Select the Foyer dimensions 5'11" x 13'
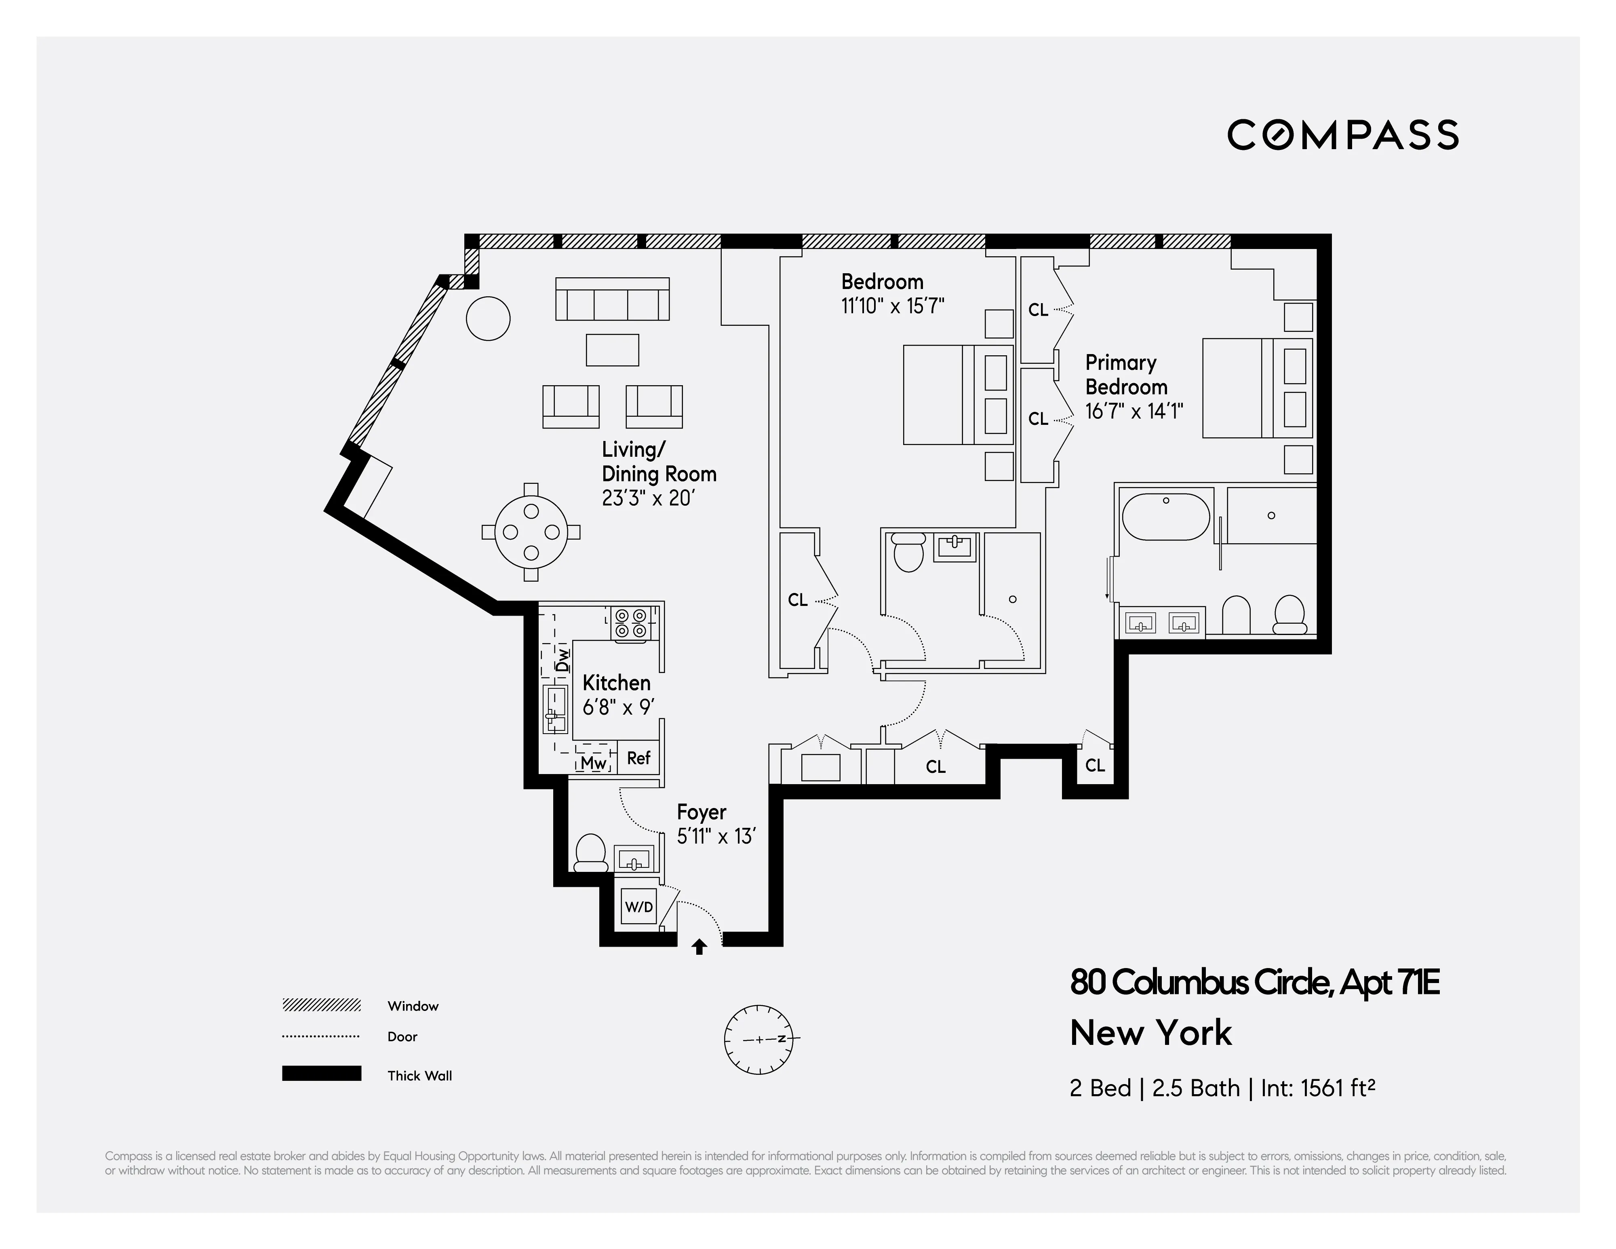pyautogui.click(x=716, y=837)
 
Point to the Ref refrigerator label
pyautogui.click(x=638, y=758)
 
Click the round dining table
pyautogui.click(x=531, y=532)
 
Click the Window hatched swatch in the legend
pyautogui.click(x=321, y=1005)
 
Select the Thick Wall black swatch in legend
pyautogui.click(x=321, y=1074)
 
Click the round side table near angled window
pyautogui.click(x=488, y=318)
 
